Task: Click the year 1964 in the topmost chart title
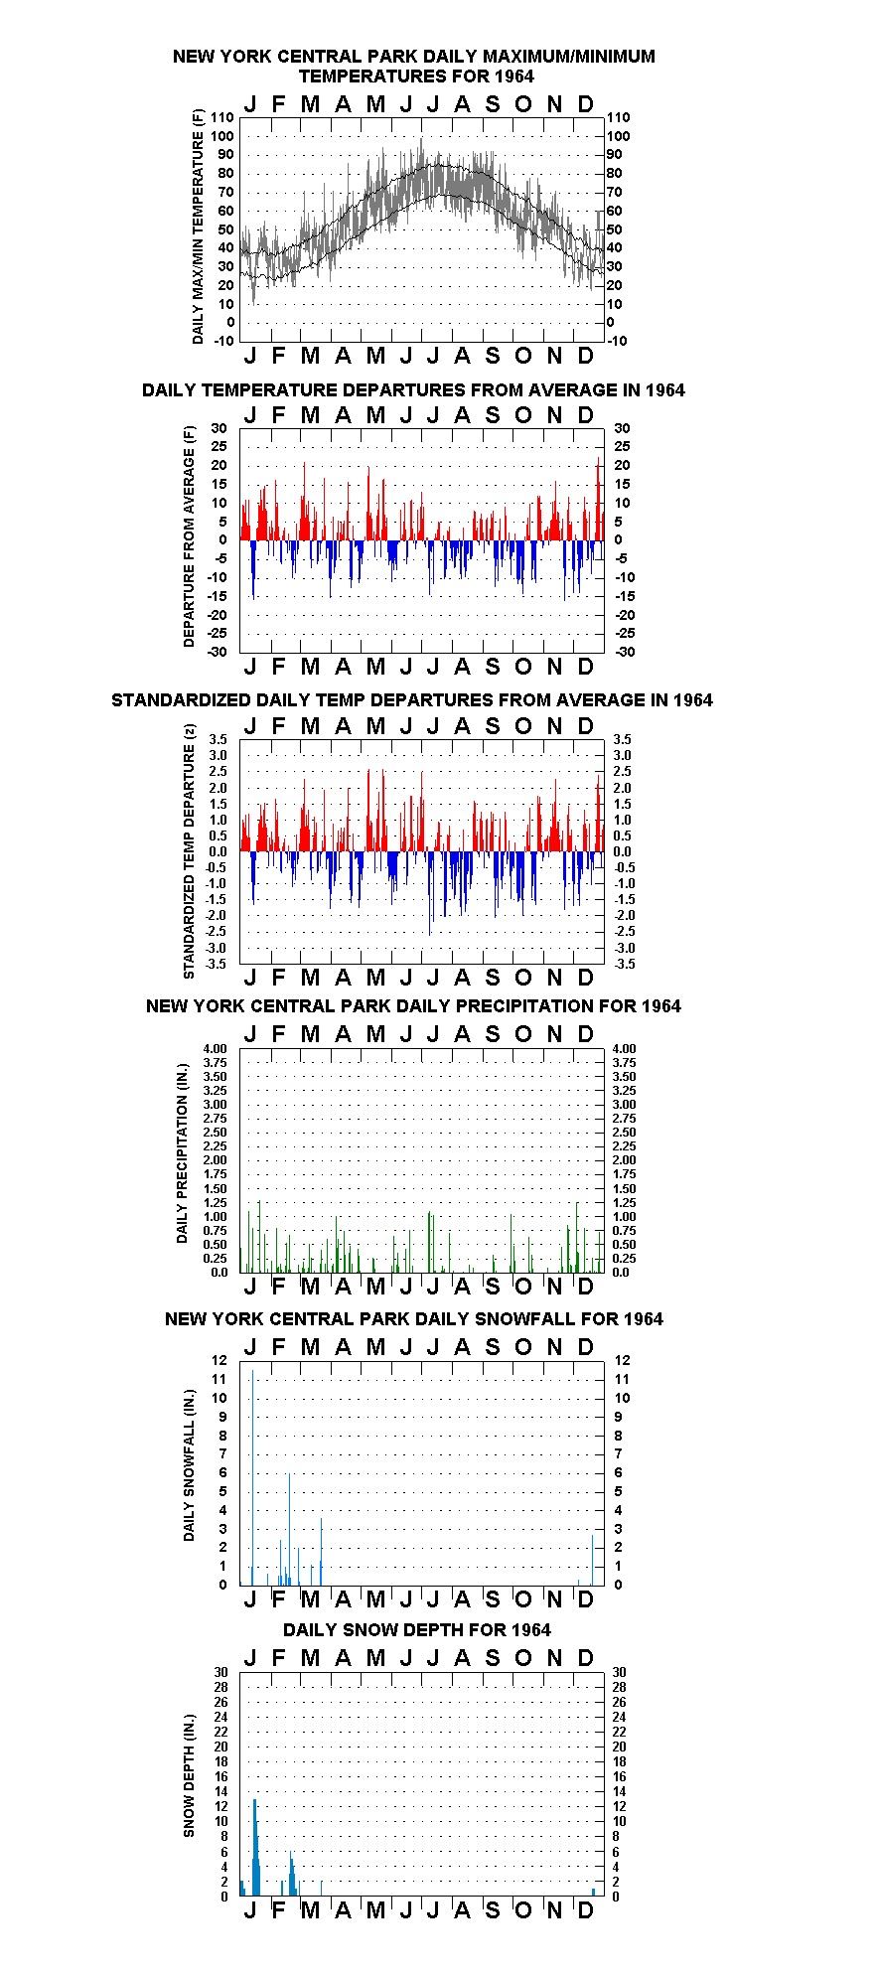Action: point(513,76)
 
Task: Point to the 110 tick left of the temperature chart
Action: point(222,117)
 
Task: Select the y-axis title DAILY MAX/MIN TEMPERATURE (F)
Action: point(198,227)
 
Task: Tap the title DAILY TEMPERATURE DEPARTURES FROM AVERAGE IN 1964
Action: point(413,390)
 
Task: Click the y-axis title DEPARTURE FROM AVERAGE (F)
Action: point(189,536)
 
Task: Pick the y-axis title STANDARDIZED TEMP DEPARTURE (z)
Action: point(189,851)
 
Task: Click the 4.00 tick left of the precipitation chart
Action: point(216,1049)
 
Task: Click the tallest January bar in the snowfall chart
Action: point(252,1477)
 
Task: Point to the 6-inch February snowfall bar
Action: point(289,1529)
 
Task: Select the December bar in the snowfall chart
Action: point(592,1560)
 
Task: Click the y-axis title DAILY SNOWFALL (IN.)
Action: point(189,1464)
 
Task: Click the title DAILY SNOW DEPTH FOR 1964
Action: point(417,1630)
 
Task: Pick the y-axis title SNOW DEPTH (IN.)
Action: point(189,1775)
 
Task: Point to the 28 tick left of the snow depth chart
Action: point(220,1687)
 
